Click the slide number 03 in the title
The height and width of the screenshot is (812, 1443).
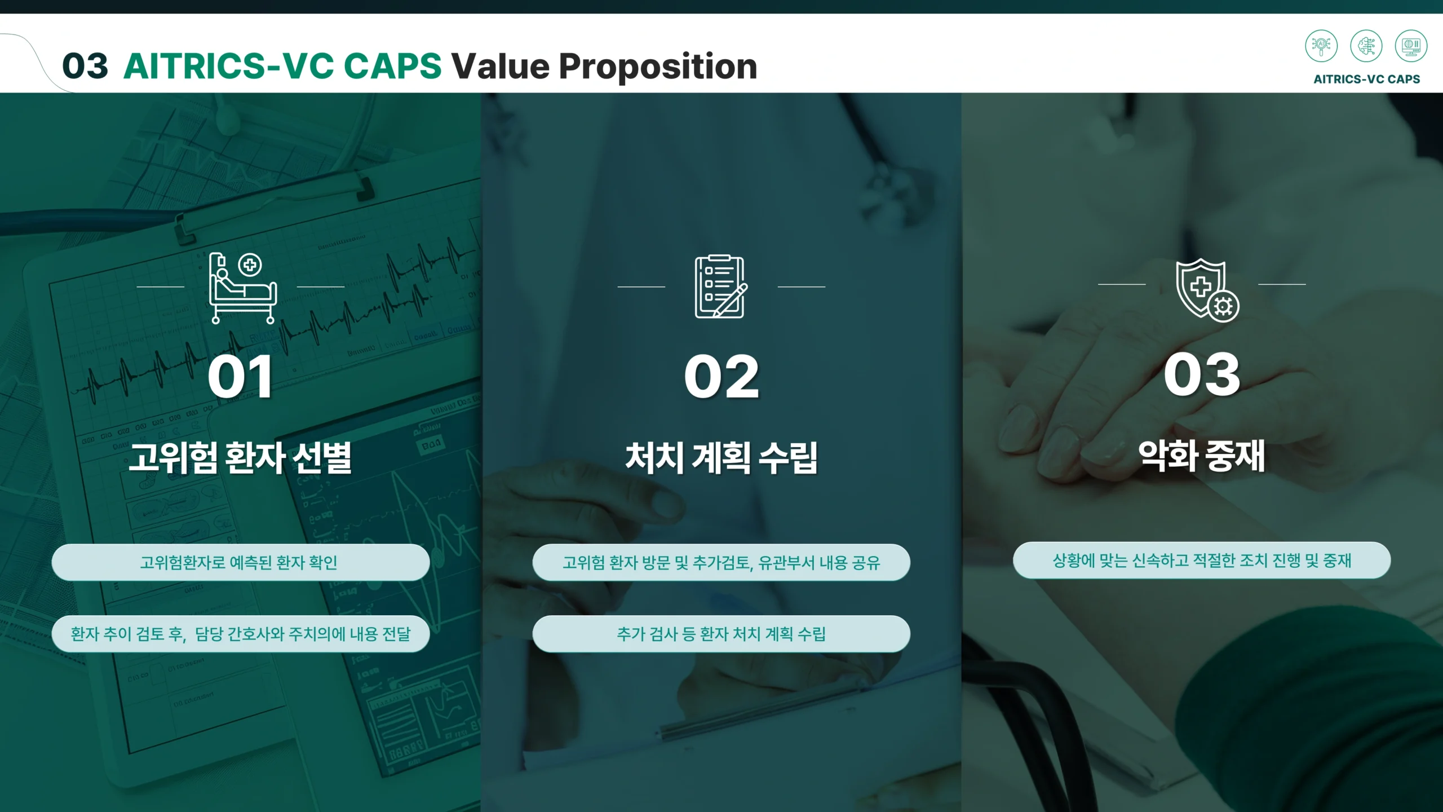click(x=85, y=66)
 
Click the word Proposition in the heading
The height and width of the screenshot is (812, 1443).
click(x=658, y=68)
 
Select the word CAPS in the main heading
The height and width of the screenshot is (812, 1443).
click(x=392, y=66)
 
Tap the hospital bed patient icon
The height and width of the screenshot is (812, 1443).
click(x=243, y=288)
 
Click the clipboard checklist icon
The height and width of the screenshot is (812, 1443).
click(x=721, y=286)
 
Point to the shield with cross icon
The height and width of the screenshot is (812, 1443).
click(x=1207, y=290)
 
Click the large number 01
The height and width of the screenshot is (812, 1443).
click(x=241, y=377)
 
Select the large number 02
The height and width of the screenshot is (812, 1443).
click(x=721, y=377)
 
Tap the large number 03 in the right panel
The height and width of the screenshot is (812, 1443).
click(x=1202, y=374)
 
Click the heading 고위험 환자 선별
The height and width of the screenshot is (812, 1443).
click(x=241, y=457)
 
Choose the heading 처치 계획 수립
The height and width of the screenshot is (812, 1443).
click(x=721, y=457)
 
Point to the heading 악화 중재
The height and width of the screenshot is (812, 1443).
click(x=1202, y=456)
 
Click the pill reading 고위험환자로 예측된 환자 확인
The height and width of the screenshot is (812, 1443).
click(x=241, y=562)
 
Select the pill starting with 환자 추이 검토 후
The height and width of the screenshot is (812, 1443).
click(x=241, y=634)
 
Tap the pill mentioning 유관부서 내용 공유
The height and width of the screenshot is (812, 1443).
click(x=721, y=562)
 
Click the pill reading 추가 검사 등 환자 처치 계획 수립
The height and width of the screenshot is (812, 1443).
click(x=721, y=634)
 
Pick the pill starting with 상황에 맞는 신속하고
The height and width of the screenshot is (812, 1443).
click(x=1202, y=560)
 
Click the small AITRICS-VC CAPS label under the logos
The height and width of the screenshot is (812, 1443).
click(x=1367, y=80)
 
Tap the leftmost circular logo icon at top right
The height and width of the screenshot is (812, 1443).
click(x=1321, y=46)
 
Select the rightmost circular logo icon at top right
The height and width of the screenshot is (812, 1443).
click(x=1411, y=46)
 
